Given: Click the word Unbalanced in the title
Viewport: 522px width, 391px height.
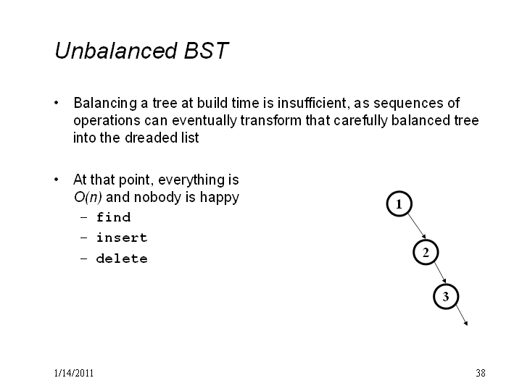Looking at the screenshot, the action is pos(115,51).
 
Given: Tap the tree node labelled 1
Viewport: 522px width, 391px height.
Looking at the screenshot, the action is pos(399,203).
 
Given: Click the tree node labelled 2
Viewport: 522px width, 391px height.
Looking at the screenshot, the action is pos(426,253).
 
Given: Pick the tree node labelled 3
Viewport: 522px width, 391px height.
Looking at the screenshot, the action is pos(446,296).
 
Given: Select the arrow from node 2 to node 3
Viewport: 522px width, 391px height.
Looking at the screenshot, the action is pos(439,273).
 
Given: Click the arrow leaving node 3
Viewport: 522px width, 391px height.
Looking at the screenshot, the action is pos(461,316).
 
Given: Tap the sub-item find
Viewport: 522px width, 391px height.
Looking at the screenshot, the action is pos(113,217).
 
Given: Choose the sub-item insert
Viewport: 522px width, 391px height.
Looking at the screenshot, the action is pos(122,237).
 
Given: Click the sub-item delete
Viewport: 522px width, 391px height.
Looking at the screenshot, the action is pos(122,258).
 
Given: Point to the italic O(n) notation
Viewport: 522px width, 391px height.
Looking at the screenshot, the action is pos(88,197).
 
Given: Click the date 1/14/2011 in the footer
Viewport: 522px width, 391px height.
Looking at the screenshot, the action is pos(73,373).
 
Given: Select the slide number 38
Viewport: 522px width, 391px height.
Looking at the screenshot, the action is pos(481,373).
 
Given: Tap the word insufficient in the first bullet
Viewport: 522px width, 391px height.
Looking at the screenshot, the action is pos(313,103).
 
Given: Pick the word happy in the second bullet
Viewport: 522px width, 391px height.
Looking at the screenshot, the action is pos(220,198).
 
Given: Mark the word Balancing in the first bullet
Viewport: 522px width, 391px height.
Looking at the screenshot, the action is pos(105,104).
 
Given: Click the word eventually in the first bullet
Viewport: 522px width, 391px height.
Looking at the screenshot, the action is pos(204,121).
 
